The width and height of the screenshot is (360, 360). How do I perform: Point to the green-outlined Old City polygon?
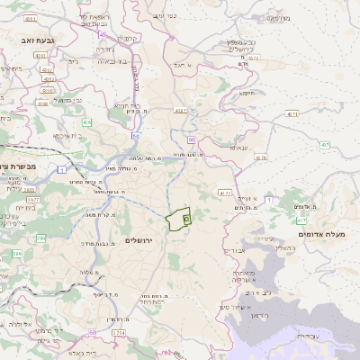(179, 217)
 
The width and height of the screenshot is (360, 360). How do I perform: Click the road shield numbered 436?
(86, 121)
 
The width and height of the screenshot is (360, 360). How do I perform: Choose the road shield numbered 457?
(324, 144)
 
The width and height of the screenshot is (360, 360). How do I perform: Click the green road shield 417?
(301, 220)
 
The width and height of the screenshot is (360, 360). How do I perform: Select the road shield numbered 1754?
(119, 333)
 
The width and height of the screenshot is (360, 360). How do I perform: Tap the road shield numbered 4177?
(225, 193)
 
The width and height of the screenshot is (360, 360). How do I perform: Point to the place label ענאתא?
(238, 148)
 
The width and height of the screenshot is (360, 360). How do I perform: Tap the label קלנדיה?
(127, 39)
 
